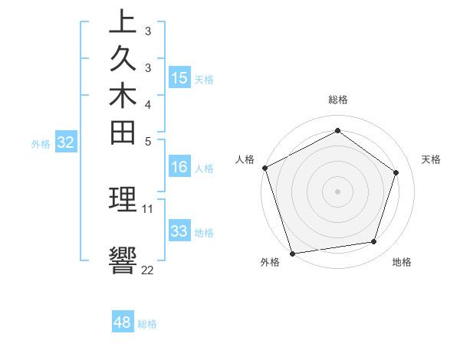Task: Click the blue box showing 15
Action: click(x=179, y=77)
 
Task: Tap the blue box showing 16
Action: click(x=179, y=167)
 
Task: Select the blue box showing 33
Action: click(x=179, y=231)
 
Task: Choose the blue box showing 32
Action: click(x=66, y=142)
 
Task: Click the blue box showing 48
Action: click(x=123, y=322)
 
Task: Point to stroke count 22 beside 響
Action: click(x=147, y=270)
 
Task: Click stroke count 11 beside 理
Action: click(x=148, y=208)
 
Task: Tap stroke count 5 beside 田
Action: click(x=147, y=141)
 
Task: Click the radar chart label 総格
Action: click(x=338, y=100)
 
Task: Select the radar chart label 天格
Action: click(x=432, y=159)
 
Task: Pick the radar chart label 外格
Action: click(x=269, y=262)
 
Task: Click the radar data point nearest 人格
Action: click(x=264, y=168)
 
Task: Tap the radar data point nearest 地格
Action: click(x=374, y=242)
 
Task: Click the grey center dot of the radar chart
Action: click(x=338, y=191)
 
